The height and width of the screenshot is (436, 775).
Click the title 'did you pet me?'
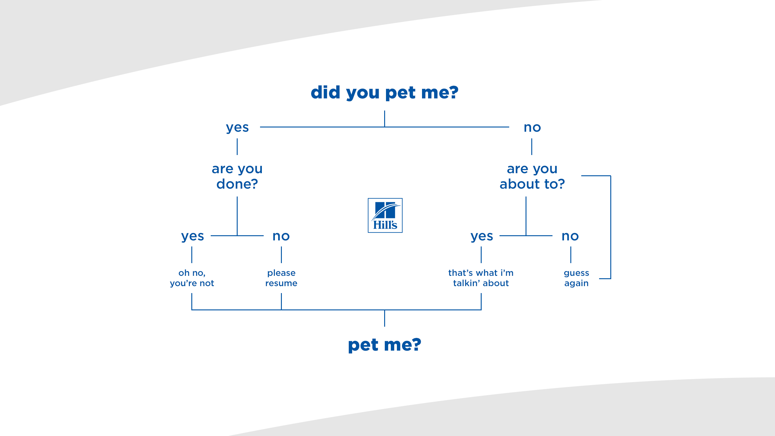384,92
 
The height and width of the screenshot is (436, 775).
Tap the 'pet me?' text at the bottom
384,345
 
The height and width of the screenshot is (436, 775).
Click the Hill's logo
385,215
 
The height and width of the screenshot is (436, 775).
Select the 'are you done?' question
237,176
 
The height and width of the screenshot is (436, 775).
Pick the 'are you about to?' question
532,176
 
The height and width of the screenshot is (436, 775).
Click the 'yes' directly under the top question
237,127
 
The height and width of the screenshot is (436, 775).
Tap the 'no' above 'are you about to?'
532,127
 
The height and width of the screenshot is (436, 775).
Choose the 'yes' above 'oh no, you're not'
193,236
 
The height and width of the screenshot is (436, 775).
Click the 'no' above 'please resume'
281,236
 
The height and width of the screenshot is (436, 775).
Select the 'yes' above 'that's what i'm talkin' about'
482,236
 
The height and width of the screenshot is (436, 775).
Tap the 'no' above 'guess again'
570,236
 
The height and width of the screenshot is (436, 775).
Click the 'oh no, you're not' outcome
192,278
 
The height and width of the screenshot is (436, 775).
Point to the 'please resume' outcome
281,278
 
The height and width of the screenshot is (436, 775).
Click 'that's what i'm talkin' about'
481,278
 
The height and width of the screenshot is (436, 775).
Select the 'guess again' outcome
576,278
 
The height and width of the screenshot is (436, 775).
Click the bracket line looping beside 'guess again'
611,227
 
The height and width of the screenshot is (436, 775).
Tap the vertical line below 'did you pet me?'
384,118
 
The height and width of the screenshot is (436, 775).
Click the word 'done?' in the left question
237,184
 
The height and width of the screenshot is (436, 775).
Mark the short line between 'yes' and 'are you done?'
237,147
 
